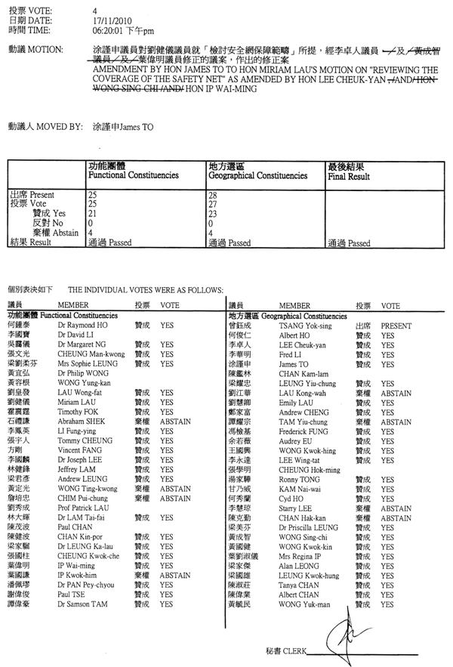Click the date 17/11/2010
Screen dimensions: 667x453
(108, 20)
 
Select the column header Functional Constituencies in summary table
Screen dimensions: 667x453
(133, 175)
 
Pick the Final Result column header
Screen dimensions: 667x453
(348, 177)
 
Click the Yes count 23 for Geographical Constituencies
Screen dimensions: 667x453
(213, 214)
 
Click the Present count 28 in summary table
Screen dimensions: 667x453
(213, 195)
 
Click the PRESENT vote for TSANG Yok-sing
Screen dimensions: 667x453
(396, 324)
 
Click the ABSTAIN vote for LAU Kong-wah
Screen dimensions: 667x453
(396, 393)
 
